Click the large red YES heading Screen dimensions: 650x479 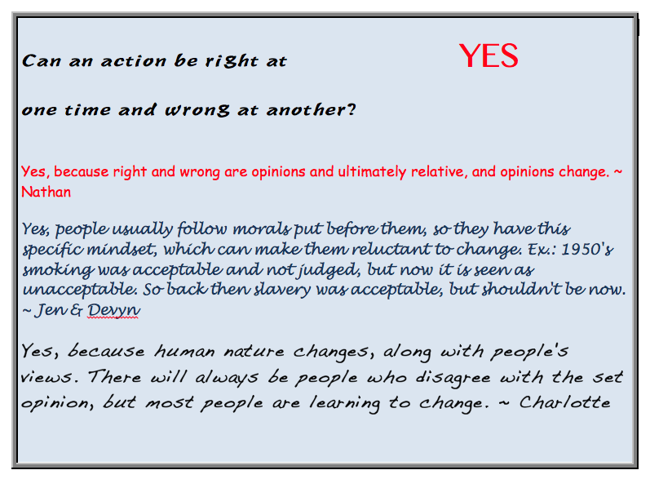click(x=489, y=55)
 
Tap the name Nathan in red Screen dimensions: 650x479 click(x=46, y=192)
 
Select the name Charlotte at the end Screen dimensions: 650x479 click(x=564, y=401)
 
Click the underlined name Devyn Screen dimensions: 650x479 click(x=113, y=310)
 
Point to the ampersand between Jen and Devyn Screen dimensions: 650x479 click(x=77, y=310)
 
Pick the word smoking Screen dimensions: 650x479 click(x=58, y=270)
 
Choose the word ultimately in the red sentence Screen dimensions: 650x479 click(x=372, y=172)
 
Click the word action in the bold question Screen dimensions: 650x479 click(x=134, y=61)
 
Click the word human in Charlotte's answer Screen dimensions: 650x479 click(x=184, y=352)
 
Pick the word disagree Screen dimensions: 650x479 click(x=453, y=378)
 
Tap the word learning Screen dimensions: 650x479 click(x=344, y=403)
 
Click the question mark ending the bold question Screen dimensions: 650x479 click(x=352, y=109)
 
